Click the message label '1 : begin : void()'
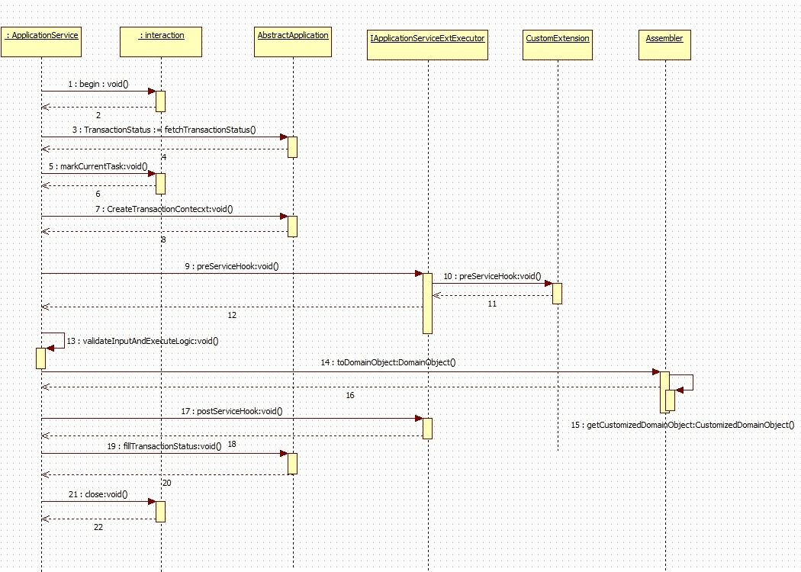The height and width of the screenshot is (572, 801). [x=98, y=84]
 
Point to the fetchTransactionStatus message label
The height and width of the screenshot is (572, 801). [x=169, y=130]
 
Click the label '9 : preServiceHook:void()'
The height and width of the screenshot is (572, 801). [x=231, y=266]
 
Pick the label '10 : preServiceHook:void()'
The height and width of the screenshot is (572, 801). [x=492, y=276]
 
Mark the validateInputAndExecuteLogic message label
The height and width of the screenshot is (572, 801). [x=142, y=341]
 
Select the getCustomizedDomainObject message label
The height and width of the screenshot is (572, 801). [x=682, y=425]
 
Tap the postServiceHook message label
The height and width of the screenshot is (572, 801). [x=232, y=411]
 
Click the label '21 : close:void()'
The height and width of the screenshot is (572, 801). [x=98, y=494]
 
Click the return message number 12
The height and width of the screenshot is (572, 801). [x=232, y=314]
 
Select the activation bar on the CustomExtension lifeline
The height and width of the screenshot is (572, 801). [x=557, y=294]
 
